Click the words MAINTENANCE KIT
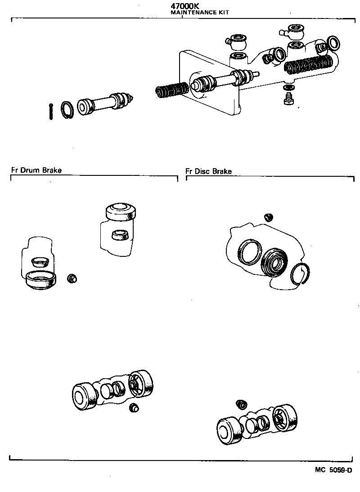point(200,13)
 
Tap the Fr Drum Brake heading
point(36,170)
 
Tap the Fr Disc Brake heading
point(208,171)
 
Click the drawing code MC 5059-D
point(333,470)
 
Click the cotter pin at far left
point(51,111)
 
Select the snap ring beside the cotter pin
point(67,109)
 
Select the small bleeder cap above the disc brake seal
point(269,217)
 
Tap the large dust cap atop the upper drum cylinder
point(120,211)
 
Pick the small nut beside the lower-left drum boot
point(71,278)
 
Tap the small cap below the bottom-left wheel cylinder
point(134,407)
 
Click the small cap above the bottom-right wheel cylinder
point(242,404)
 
